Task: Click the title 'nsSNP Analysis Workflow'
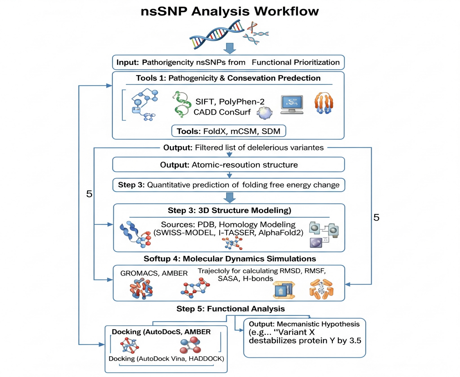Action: click(230, 11)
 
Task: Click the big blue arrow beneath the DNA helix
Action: click(229, 48)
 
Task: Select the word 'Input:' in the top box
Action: click(127, 62)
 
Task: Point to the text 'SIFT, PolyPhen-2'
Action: click(230, 102)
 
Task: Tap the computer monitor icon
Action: click(292, 104)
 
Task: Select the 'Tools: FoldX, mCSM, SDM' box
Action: click(228, 131)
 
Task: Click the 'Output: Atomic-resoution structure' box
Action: click(228, 165)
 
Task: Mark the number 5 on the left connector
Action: click(89, 194)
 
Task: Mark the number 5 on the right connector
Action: click(376, 217)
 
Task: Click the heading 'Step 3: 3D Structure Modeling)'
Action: click(229, 210)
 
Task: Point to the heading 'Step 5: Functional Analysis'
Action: click(230, 309)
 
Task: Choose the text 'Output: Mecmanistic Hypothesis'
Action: click(304, 324)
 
